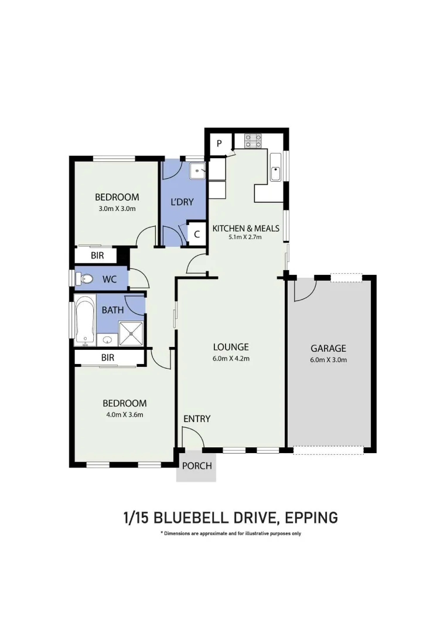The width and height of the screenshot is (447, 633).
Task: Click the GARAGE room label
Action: click(328, 348)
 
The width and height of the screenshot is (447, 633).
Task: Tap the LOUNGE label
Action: click(231, 346)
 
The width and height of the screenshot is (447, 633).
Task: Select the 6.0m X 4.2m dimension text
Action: click(231, 359)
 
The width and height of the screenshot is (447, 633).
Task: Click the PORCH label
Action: click(196, 467)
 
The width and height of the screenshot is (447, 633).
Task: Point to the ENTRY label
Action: click(196, 418)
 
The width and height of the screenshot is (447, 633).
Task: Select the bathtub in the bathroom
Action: click(86, 321)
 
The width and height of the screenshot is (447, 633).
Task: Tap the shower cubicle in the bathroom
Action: click(131, 333)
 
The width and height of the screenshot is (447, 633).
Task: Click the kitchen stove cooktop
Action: click(252, 141)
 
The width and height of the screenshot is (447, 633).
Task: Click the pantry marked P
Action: click(219, 144)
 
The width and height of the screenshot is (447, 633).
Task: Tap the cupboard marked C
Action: click(197, 234)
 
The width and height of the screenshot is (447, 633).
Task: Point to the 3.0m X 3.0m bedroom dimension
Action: click(117, 209)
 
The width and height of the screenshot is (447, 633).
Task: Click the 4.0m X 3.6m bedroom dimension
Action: click(124, 415)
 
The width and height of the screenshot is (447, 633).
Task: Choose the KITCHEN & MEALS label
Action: click(245, 228)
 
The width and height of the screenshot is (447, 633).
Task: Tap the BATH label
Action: click(112, 309)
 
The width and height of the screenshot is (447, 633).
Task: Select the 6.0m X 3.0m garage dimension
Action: click(328, 360)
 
